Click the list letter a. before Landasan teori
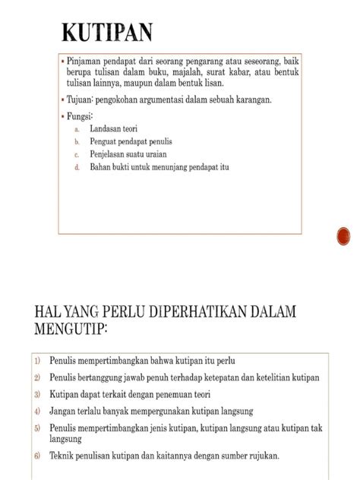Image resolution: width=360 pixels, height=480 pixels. (77, 130)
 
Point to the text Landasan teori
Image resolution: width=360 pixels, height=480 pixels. (114, 130)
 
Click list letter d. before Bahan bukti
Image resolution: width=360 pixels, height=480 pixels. (77, 166)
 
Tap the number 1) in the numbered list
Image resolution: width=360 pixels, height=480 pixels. (37, 359)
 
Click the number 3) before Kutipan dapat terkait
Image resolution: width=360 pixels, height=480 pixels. (37, 394)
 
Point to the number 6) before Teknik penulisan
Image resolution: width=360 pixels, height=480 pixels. (37, 456)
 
